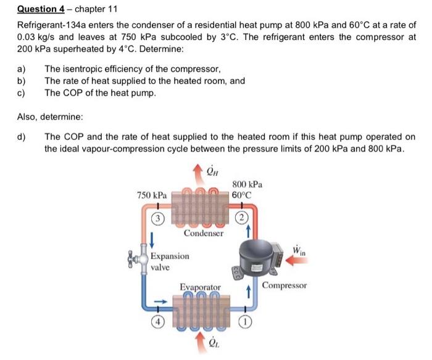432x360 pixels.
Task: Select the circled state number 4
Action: [x=159, y=321]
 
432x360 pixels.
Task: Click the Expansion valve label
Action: [x=170, y=261]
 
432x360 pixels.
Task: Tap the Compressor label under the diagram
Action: [x=284, y=285]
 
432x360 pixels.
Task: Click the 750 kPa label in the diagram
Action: [x=151, y=194]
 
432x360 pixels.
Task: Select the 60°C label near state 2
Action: [x=242, y=195]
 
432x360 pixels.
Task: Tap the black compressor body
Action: [x=256, y=255]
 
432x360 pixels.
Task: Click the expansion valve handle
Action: [x=131, y=261]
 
